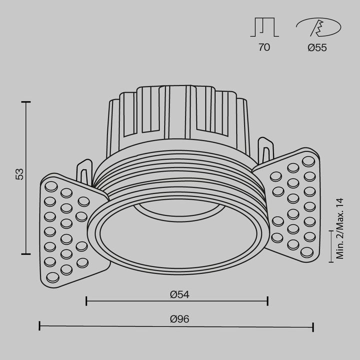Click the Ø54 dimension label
pyautogui.click(x=179, y=294)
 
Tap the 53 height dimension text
pyautogui.click(x=19, y=174)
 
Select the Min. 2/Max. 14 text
pyautogui.click(x=340, y=228)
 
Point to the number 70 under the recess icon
pyautogui.click(x=264, y=48)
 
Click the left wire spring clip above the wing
pyautogui.click(x=85, y=172)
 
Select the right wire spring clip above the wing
pyautogui.click(x=266, y=150)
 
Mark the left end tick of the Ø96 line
pyautogui.click(x=39, y=326)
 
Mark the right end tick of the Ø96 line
pyautogui.click(x=313, y=326)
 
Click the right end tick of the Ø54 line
pyautogui.click(x=268, y=301)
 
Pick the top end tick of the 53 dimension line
pyautogui.click(x=26, y=101)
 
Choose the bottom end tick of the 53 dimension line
pyautogui.click(x=26, y=254)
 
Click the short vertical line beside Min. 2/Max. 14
pyautogui.click(x=330, y=245)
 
